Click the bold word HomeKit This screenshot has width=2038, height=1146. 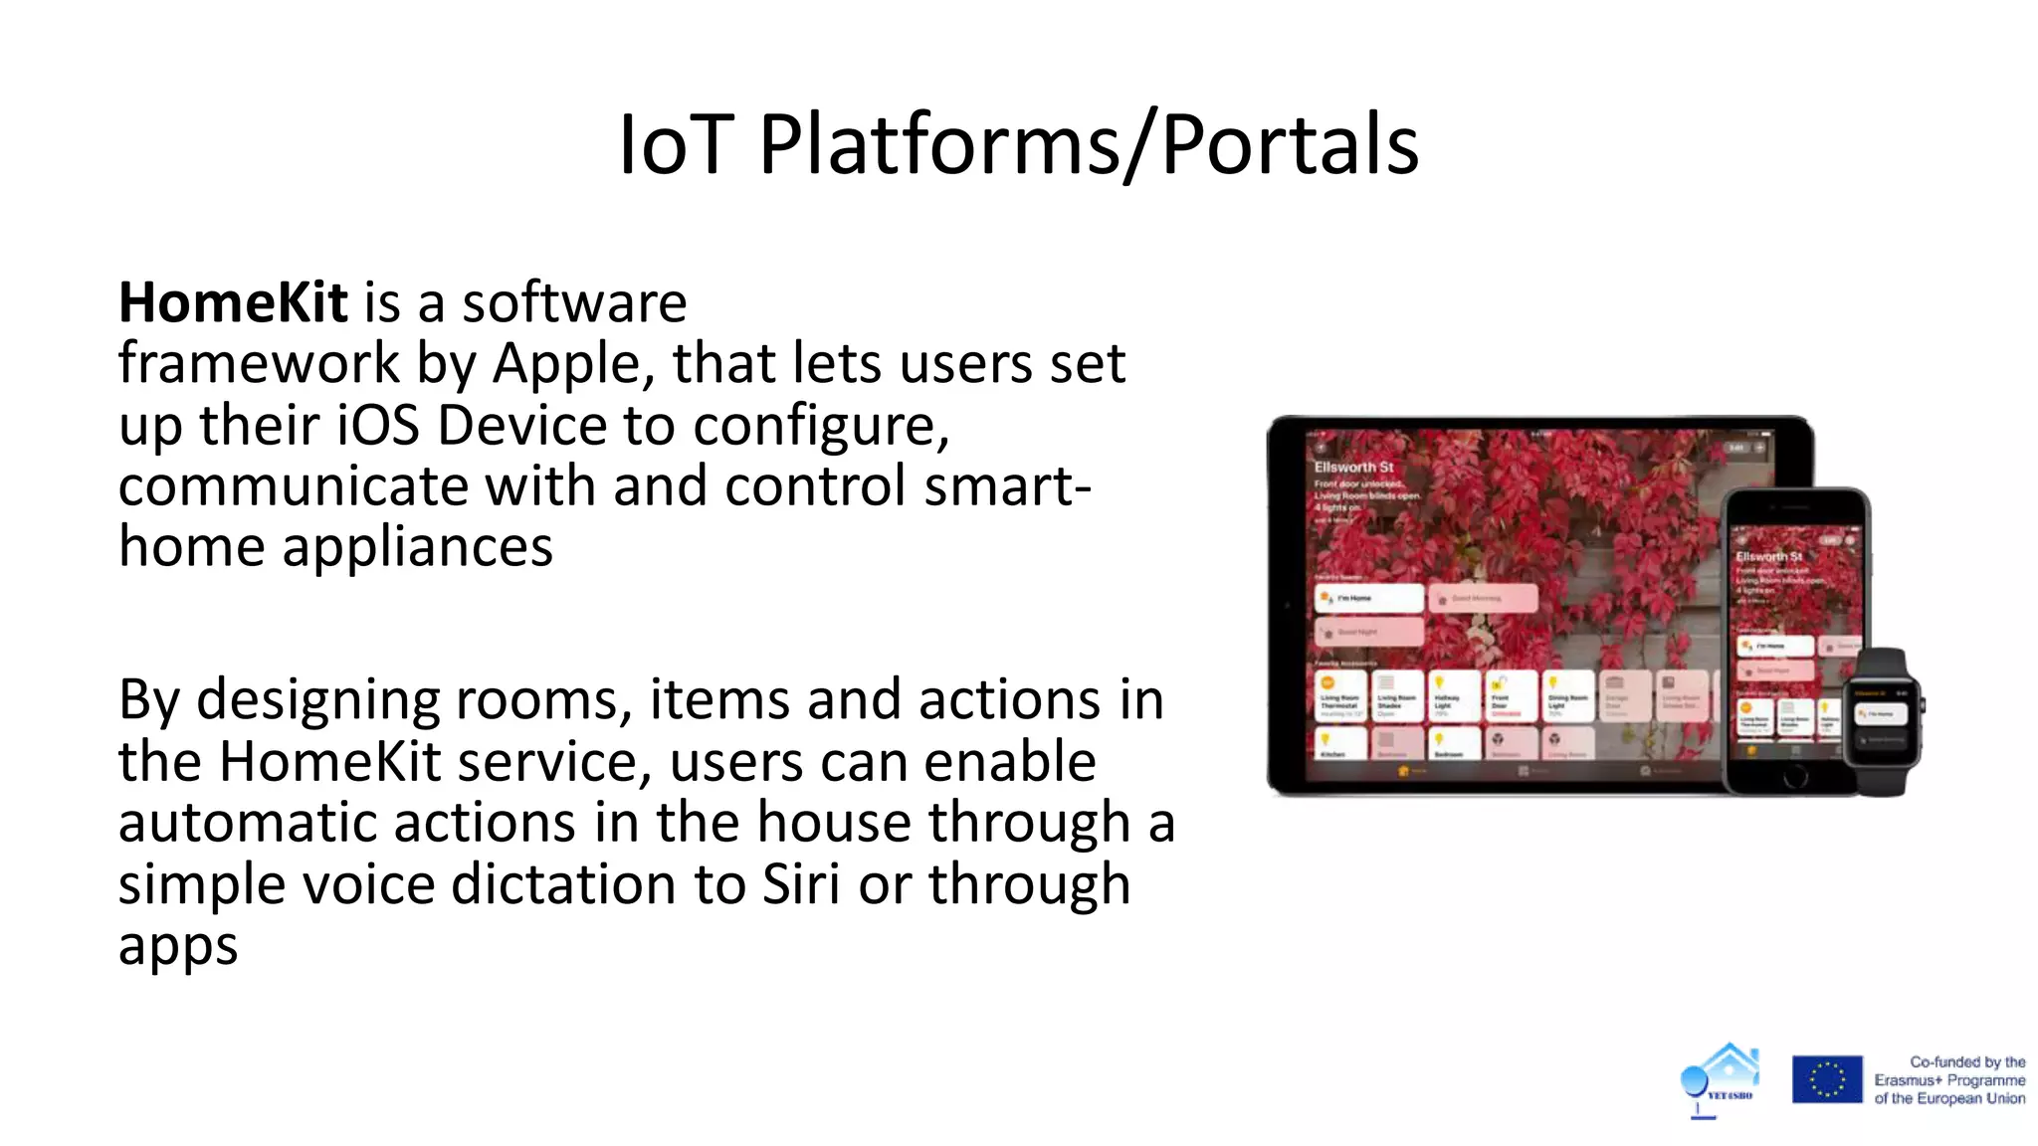[x=232, y=302]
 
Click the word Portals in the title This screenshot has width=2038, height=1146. [x=1290, y=145]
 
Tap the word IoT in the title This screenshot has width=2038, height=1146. [x=676, y=145]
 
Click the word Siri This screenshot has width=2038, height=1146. [x=801, y=884]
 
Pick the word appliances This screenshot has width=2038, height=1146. [x=417, y=547]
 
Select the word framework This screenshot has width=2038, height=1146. [x=258, y=364]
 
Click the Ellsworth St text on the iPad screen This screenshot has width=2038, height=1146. [x=1353, y=467]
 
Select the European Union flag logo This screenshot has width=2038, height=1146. [x=1827, y=1079]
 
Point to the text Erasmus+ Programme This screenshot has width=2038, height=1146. [x=1948, y=1080]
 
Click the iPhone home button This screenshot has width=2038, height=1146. [x=1795, y=778]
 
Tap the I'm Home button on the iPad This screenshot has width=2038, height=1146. [x=1369, y=598]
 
